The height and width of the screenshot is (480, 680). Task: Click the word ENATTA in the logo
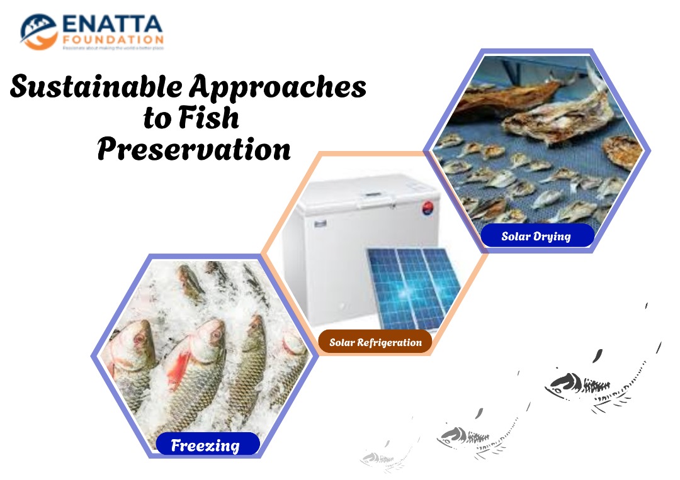[112, 25]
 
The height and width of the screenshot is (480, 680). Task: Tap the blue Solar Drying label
[536, 237]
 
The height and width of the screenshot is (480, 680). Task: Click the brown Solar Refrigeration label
[375, 343]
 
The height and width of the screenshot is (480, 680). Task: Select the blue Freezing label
[206, 445]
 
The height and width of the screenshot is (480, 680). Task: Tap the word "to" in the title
[157, 118]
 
